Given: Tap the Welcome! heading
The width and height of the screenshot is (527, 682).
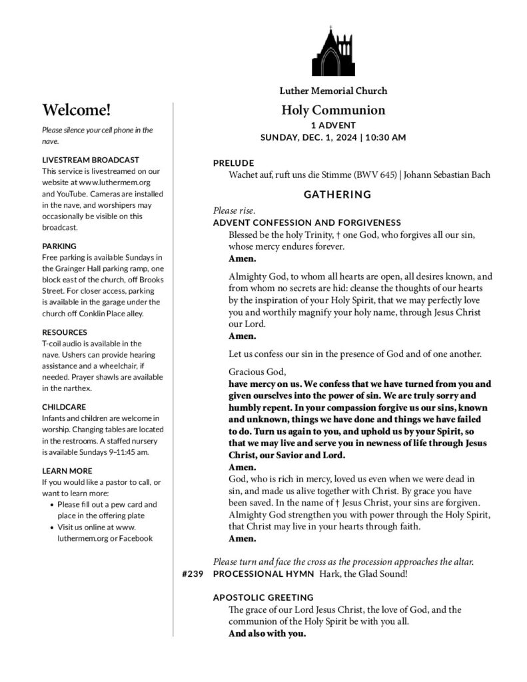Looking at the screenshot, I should tap(76, 110).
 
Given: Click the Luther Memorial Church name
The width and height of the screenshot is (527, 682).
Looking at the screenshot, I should tap(333, 91).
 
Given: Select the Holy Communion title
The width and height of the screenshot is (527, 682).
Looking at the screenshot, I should tap(333, 110).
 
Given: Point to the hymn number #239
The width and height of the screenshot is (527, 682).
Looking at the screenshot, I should tap(192, 573).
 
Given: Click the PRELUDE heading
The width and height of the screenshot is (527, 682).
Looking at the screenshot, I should tap(233, 163).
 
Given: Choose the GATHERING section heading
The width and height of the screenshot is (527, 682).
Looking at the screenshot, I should tap(337, 194).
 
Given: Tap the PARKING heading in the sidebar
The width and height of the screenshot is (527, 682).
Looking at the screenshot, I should tap(59, 246).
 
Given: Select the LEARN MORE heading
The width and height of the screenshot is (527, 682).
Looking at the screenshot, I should tap(67, 470).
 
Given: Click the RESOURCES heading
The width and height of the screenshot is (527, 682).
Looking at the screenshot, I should tap(64, 332).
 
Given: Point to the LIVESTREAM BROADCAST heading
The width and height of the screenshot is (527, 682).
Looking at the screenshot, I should tap(91, 160).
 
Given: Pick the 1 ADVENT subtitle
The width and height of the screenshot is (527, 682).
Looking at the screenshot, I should tap(333, 125).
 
